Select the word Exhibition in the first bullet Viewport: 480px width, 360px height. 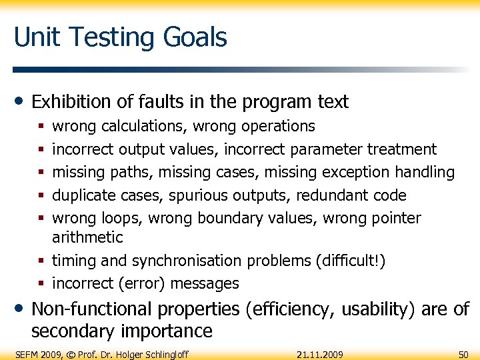pyautogui.click(x=71, y=102)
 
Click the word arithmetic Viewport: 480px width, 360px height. pyautogui.click(x=87, y=237)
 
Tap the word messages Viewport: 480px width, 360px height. pyautogui.click(x=205, y=283)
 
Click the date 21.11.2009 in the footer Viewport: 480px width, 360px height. pyautogui.click(x=319, y=354)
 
